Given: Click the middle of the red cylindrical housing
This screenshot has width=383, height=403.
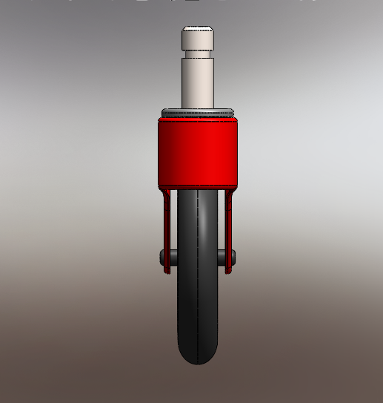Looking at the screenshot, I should pyautogui.click(x=197, y=151).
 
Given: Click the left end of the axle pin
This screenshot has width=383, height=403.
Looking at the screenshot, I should pyautogui.click(x=162, y=256).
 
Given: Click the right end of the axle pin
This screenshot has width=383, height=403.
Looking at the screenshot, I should pyautogui.click(x=233, y=256).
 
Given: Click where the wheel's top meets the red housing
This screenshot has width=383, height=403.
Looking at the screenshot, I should pyautogui.click(x=198, y=188).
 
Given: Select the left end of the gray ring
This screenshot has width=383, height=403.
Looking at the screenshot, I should pyautogui.click(x=161, y=114).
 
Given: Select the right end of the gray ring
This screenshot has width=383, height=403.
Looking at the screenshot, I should pyautogui.click(x=234, y=114).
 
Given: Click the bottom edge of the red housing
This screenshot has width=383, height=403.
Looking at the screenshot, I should pyautogui.click(x=197, y=186).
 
